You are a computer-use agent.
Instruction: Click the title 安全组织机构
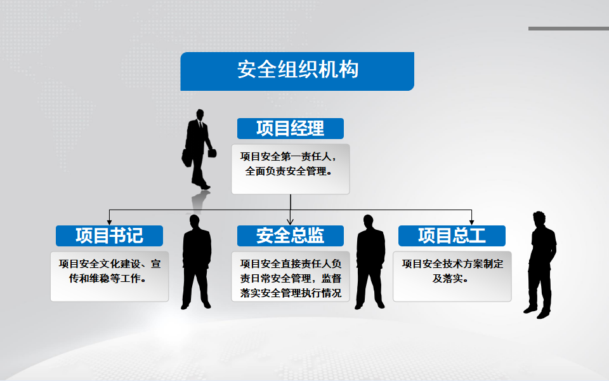click(x=298, y=70)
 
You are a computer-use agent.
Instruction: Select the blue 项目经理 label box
click(x=291, y=128)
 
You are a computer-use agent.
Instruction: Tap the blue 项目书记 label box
click(x=109, y=236)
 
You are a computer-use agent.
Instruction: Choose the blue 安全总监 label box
click(x=291, y=236)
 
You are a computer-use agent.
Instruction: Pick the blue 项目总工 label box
click(x=452, y=236)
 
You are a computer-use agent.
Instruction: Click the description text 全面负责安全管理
click(x=286, y=171)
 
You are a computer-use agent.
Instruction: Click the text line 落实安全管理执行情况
click(x=291, y=293)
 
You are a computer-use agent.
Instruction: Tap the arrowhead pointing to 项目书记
click(x=110, y=222)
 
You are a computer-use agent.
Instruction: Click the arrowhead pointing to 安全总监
click(x=291, y=222)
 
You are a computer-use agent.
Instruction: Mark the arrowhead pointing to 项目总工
click(x=471, y=222)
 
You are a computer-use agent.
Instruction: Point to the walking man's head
click(x=200, y=115)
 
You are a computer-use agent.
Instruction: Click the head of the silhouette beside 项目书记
click(x=194, y=222)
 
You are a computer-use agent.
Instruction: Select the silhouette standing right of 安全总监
click(x=370, y=262)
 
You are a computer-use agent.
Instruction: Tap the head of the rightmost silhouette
click(x=539, y=219)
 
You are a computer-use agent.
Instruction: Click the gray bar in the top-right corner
click(x=568, y=29)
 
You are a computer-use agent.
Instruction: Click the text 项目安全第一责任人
click(x=285, y=157)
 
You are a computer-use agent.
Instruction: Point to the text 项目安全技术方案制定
click(x=452, y=264)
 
